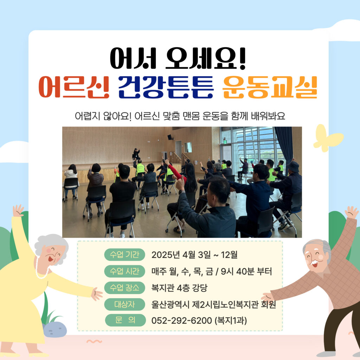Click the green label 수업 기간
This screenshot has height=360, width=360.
(x=124, y=255)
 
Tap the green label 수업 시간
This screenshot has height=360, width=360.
(x=124, y=271)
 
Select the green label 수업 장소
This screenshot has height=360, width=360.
(x=124, y=288)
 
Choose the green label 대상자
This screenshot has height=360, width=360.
(x=124, y=304)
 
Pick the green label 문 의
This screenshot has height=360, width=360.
(x=126, y=320)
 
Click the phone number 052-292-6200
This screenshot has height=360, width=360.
(x=182, y=321)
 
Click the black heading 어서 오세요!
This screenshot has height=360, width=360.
(x=178, y=59)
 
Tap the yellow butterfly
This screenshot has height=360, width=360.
(x=328, y=138)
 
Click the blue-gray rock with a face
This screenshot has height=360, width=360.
(x=55, y=330)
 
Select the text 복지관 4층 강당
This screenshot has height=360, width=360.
(x=179, y=288)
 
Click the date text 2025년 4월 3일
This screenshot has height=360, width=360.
(x=181, y=255)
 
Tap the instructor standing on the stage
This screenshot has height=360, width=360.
(x=136, y=154)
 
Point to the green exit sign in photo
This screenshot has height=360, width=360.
(x=225, y=142)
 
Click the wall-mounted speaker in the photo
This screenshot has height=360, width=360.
(x=170, y=137)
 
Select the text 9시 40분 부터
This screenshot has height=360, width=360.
(x=246, y=271)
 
